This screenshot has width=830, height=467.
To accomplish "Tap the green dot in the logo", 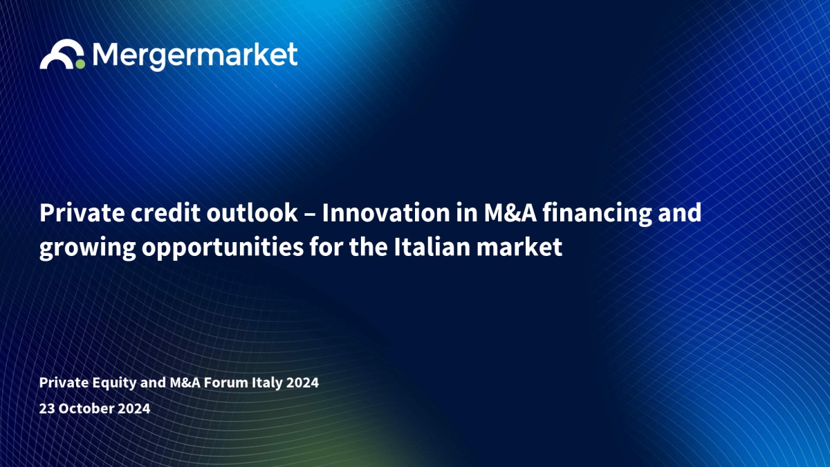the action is pyautogui.click(x=80, y=64).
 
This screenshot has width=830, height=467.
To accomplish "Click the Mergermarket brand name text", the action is pyautogui.click(x=195, y=56).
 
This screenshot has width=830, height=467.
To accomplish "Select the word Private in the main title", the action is pyautogui.click(x=82, y=213).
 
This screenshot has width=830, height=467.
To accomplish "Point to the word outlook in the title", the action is pyautogui.click(x=252, y=213).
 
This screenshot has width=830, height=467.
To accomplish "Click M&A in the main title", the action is pyautogui.click(x=510, y=213).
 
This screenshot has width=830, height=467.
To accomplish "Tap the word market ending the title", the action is pyautogui.click(x=519, y=247).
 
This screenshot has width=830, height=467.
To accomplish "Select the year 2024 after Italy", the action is pyautogui.click(x=302, y=383).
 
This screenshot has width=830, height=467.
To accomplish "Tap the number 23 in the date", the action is pyautogui.click(x=47, y=408).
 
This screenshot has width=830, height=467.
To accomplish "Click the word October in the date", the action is pyautogui.click(x=86, y=408).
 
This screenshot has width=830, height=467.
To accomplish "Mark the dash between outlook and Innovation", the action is pyautogui.click(x=310, y=215).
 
